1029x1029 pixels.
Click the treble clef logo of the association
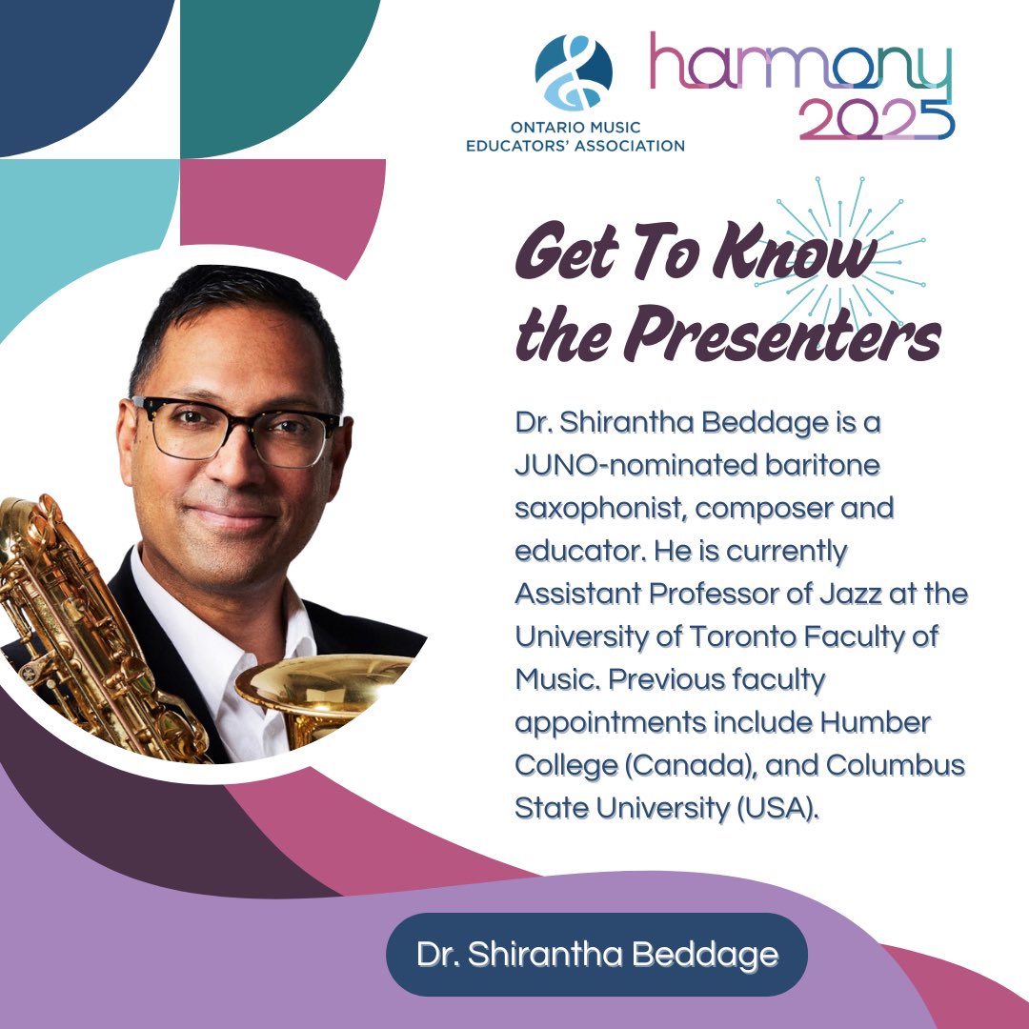(574, 73)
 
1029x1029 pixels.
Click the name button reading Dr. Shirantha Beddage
(596, 955)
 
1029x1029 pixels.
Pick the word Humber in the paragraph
(875, 721)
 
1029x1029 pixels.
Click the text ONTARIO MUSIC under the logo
(575, 128)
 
